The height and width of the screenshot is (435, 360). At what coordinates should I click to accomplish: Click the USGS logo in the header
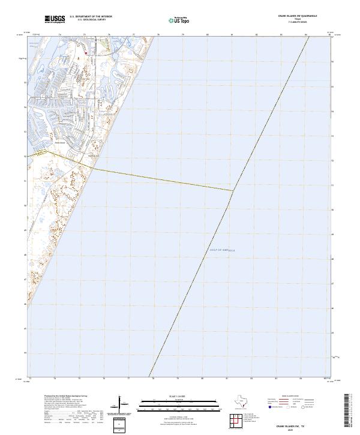click(x=55, y=20)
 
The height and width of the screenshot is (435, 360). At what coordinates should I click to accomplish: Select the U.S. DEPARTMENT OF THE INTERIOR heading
click(x=91, y=17)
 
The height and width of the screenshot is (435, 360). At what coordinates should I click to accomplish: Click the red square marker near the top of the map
click(x=86, y=53)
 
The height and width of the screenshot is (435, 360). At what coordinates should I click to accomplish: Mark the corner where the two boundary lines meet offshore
click(x=233, y=191)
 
